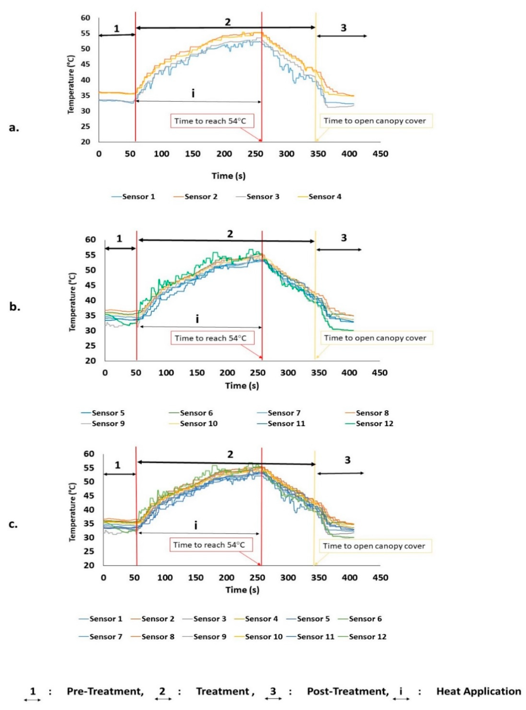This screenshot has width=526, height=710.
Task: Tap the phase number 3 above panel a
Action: click(x=343, y=28)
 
